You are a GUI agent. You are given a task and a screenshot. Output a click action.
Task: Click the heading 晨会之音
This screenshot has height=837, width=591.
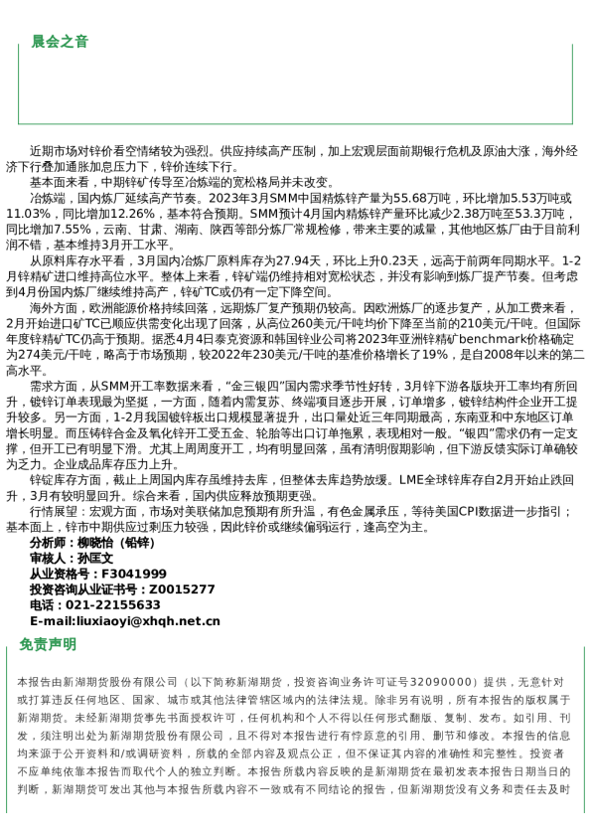coord(60,41)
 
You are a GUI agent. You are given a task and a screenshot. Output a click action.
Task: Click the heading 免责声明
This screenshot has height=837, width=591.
coord(47,644)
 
